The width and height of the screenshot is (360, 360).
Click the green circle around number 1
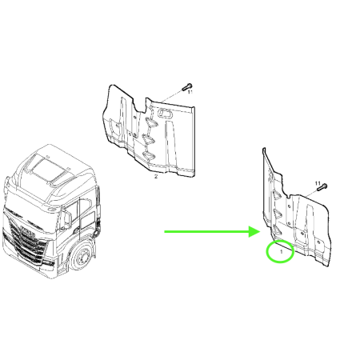279,252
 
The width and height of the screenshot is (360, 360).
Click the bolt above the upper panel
185,86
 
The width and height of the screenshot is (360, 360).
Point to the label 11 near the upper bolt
190,93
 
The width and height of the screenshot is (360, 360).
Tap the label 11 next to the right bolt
318,183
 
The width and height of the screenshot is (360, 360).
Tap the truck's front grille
24,240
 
